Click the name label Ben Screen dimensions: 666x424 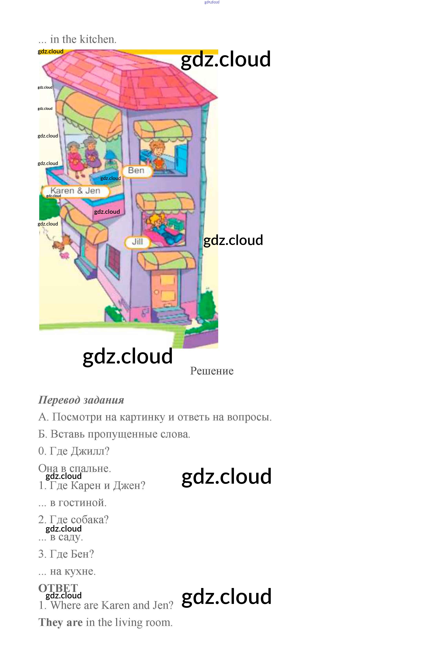(136, 171)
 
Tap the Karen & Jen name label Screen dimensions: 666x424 (75, 191)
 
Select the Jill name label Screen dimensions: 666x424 (137, 242)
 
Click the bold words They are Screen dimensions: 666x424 (60, 623)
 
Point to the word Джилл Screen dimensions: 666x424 (90, 451)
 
